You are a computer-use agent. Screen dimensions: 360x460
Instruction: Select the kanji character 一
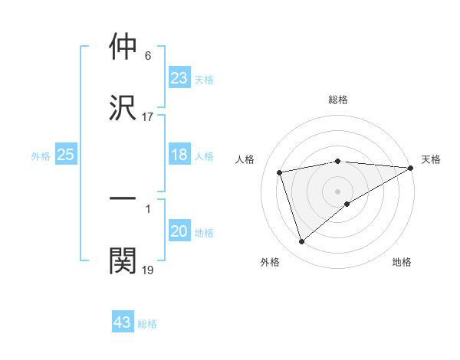pos(123,199)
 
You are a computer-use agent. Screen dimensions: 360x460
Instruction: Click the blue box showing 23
pos(179,77)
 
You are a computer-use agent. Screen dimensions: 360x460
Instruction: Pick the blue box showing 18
pos(179,155)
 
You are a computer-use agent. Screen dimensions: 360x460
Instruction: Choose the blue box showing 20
pos(179,231)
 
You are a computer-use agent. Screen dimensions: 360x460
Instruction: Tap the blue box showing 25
pos(66,155)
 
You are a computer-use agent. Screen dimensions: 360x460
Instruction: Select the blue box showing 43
pos(123,322)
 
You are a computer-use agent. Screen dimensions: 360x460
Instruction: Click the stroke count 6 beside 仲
pos(148,56)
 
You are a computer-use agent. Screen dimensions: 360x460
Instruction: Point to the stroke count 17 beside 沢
pos(148,116)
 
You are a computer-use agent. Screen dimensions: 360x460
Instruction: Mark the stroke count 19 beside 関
pos(148,270)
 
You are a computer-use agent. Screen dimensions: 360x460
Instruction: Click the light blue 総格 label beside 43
pos(148,324)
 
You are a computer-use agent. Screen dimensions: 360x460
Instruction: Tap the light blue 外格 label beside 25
pos(41,156)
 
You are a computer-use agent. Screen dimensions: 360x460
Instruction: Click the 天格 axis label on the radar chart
pos(431,159)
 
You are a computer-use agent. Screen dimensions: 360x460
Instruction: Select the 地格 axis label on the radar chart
pos(402,262)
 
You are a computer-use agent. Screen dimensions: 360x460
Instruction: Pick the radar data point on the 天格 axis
pos(411,168)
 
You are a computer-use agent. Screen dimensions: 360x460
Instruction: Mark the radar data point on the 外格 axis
pos(301,242)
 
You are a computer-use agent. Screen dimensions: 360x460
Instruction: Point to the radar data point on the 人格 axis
pos(280,172)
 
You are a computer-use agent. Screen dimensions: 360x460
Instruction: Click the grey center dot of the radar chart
pos(337,191)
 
